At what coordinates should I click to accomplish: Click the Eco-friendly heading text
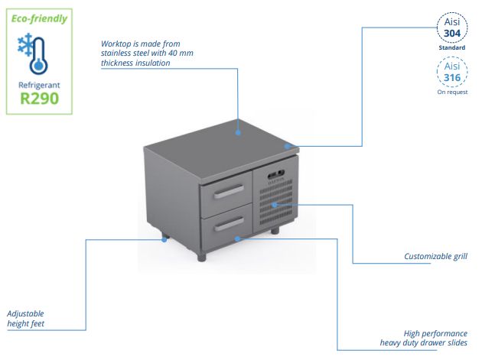[x=38, y=18]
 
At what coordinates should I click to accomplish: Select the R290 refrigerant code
[x=39, y=99]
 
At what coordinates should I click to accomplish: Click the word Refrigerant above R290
[x=39, y=84]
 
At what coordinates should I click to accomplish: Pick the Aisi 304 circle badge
[x=451, y=28]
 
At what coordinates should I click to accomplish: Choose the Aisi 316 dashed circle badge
[x=451, y=73]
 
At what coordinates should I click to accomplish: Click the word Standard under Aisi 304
[x=451, y=47]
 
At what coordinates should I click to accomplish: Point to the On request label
[x=451, y=92]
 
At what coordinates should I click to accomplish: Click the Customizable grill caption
[x=435, y=257]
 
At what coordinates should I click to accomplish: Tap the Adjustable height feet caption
[x=27, y=319]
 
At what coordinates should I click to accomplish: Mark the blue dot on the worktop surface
[x=239, y=132]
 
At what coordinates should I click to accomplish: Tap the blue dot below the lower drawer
[x=238, y=238]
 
